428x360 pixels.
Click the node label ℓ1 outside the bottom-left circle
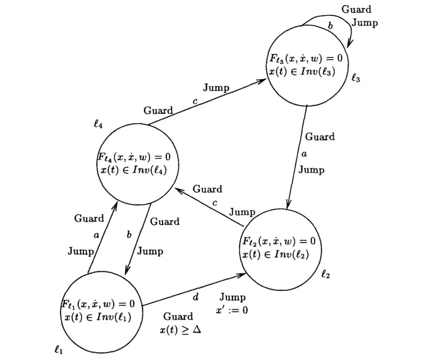pos(58,350)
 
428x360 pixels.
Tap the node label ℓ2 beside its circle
pos(325,274)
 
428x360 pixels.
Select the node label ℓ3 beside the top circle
pos(356,78)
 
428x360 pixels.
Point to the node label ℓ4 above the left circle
pos(98,125)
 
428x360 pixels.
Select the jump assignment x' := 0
pos(232,310)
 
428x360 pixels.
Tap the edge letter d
pos(195,297)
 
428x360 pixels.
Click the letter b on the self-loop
pos(330,26)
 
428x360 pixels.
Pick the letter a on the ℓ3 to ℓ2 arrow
pos(304,154)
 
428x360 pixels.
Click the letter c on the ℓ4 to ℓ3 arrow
pos(195,101)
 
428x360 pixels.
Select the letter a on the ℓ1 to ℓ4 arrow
pos(96,235)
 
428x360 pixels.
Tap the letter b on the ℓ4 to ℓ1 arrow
pos(129,235)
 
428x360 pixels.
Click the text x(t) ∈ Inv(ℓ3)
pos(302,71)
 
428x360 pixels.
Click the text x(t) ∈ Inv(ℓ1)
pos(98,317)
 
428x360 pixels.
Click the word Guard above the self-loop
pos(356,9)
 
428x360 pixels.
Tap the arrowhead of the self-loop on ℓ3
pos(349,44)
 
